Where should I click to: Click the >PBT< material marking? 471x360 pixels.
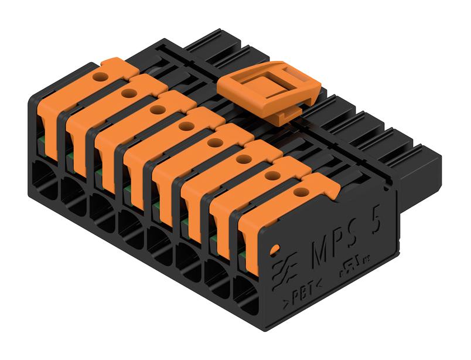pyautogui.click(x=302, y=291)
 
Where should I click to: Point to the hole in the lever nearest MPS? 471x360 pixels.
pyautogui.click(x=301, y=191)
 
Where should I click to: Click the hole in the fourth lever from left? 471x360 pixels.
pyautogui.click(x=186, y=125)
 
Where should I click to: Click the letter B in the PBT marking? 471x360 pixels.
pyautogui.click(x=302, y=291)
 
